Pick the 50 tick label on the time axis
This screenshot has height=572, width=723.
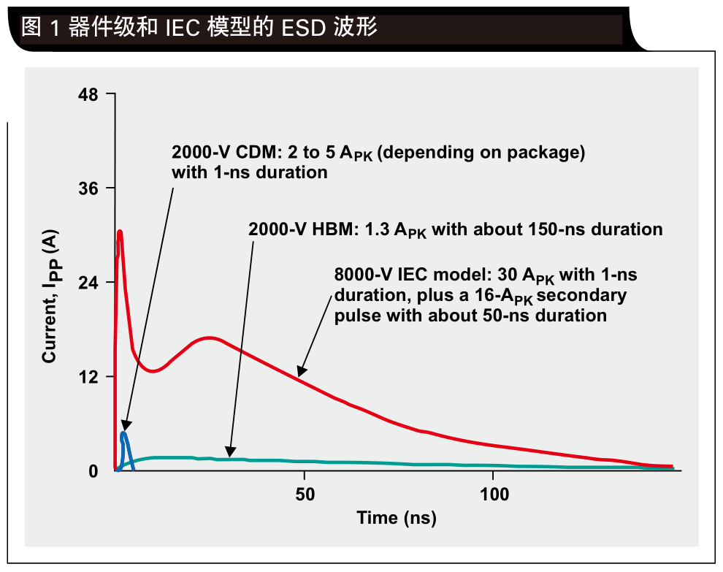[305, 494]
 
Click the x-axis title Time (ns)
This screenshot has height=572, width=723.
[396, 519]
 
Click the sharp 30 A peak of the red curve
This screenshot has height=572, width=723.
[120, 232]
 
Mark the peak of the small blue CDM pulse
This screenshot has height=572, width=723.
[123, 434]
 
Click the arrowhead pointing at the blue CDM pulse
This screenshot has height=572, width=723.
[126, 426]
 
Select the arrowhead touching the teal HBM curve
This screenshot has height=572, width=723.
[231, 452]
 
